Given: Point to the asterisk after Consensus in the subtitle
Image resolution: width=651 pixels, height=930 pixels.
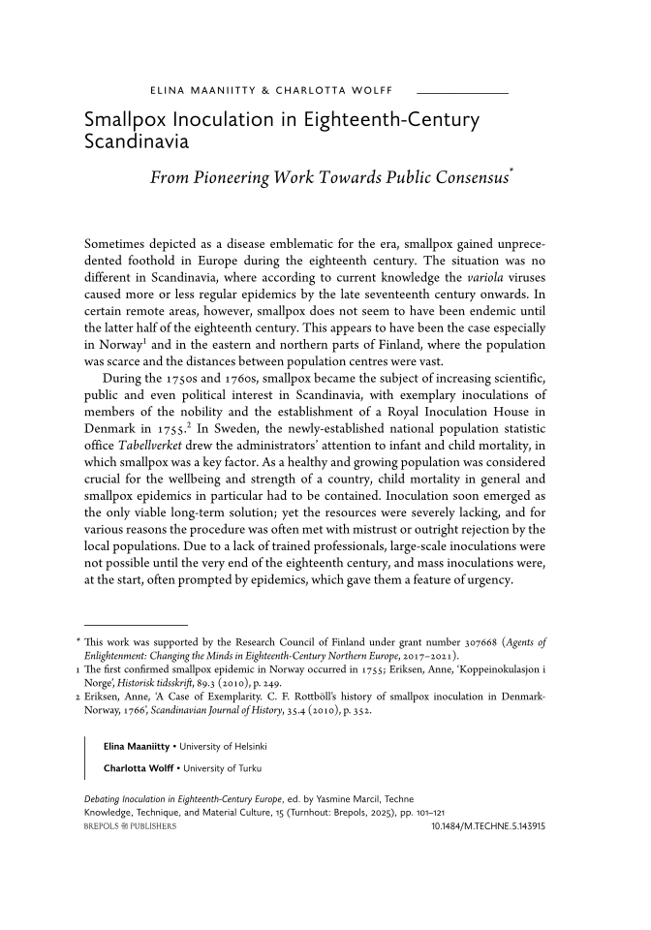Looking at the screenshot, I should click(x=511, y=172).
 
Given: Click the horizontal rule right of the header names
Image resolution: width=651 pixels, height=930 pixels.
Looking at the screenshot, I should click(x=461, y=92).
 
